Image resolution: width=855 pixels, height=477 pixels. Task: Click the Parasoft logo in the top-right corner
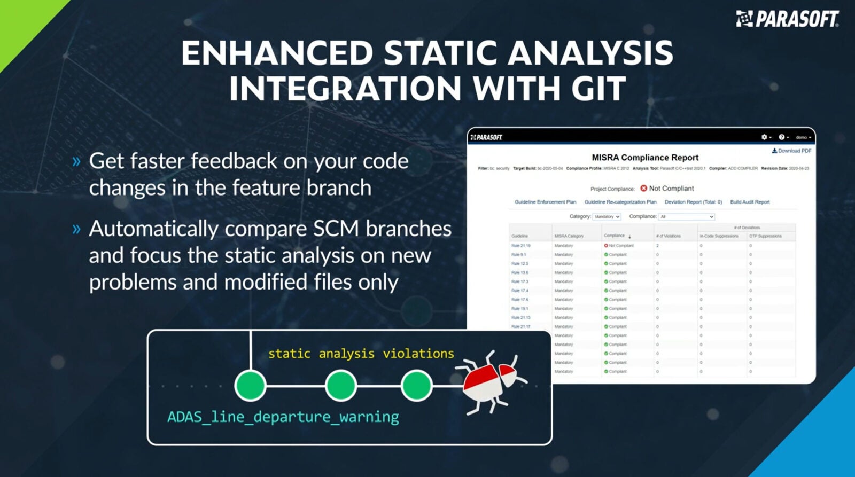point(787,19)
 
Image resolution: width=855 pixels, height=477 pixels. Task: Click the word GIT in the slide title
point(598,89)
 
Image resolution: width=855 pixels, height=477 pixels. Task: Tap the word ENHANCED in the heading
point(276,53)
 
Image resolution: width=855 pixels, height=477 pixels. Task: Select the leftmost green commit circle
point(250,386)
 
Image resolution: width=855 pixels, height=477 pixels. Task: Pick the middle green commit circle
point(341,386)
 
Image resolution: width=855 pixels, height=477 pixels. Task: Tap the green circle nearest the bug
point(417,386)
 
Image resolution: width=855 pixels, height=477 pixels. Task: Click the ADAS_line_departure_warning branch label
point(283,417)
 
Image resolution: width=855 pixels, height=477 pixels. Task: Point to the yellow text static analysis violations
point(361,354)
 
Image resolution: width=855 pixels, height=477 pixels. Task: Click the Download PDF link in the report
point(791,151)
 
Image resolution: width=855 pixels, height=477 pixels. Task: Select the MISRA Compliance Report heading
point(645,158)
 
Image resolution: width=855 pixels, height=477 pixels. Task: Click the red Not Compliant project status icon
point(643,188)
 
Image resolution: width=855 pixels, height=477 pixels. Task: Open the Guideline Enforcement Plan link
point(545,202)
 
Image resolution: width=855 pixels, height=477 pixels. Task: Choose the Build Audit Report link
point(750,202)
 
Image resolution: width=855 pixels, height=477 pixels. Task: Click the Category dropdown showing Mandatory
point(607,217)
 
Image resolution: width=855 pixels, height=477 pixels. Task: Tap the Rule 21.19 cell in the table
point(520,246)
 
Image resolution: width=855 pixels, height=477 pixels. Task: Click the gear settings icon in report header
point(764,137)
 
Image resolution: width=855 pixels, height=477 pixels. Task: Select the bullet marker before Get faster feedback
point(76,161)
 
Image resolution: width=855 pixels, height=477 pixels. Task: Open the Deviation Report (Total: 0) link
point(693,202)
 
